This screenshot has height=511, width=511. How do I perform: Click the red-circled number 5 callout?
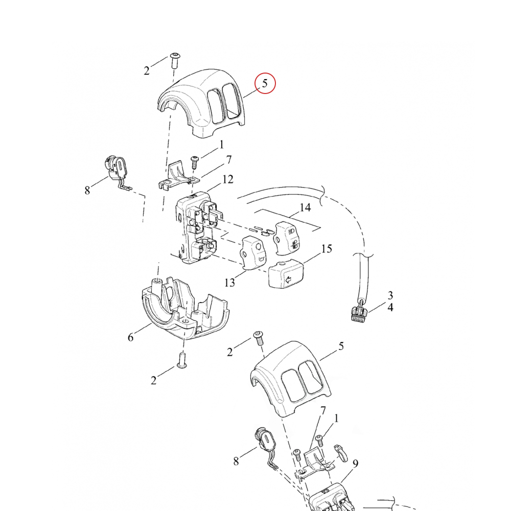[265, 84]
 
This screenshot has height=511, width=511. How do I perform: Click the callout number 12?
[228, 179]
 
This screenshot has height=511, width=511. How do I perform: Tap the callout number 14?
[305, 207]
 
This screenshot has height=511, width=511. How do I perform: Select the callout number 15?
[326, 249]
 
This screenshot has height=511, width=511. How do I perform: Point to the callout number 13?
[230, 282]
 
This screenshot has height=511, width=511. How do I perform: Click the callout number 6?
[130, 337]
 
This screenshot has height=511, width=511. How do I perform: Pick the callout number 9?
[355, 464]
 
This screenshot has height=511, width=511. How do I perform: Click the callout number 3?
[390, 295]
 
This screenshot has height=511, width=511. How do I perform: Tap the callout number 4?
[390, 308]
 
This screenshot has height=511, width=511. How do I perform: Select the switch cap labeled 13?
[253, 252]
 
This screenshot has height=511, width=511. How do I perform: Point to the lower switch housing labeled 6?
[184, 312]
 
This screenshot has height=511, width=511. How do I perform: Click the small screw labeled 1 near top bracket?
[195, 162]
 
